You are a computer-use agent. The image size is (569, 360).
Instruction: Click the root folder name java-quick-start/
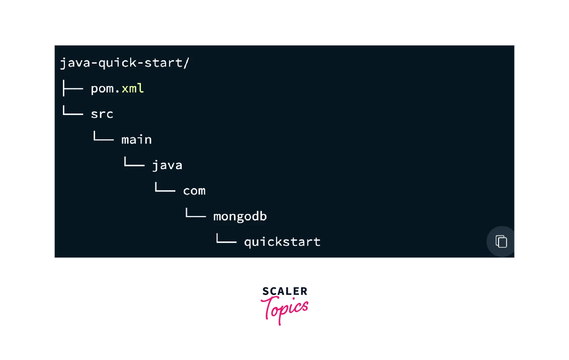coord(125,63)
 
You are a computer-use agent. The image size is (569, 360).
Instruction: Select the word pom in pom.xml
coord(102,89)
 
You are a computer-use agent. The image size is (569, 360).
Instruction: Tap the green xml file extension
coord(133,88)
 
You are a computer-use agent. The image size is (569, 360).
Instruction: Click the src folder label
coord(102,114)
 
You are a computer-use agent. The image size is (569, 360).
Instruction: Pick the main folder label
coord(137,140)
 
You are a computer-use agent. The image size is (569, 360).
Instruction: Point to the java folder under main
coord(167,165)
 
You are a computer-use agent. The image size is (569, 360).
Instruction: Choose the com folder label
coord(194,191)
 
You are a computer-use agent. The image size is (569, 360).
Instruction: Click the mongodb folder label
coord(240,217)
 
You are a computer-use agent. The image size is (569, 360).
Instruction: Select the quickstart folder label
coord(282,242)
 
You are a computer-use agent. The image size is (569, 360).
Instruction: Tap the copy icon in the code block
coord(501,241)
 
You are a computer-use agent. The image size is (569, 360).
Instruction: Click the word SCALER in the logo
coord(285,291)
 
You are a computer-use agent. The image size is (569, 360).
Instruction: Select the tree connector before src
coord(73,111)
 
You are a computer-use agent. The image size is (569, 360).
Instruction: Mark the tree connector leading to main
coord(103,137)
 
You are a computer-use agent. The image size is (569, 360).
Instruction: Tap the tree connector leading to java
coord(134,162)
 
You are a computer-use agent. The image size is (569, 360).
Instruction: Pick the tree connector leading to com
coord(165,188)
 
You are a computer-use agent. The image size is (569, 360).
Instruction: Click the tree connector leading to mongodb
coord(195,213)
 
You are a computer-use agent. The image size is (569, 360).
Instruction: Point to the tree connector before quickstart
coord(226,239)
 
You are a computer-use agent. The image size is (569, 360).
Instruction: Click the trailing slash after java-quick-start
coord(186,63)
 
